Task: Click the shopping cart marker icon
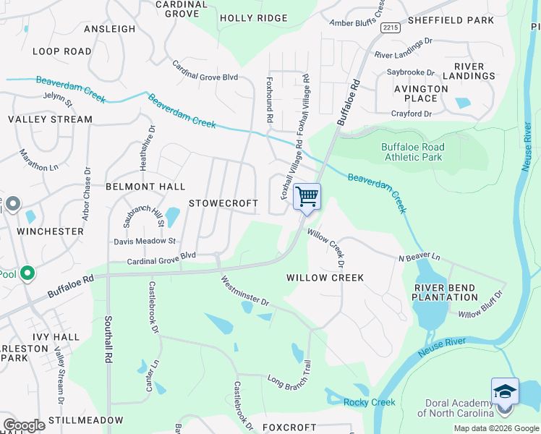pos(307,197)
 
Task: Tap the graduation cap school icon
pos(505,391)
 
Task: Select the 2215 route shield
pos(391,27)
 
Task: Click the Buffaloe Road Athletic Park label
pos(412,152)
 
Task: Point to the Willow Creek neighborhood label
pos(325,278)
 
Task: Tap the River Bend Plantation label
pos(446,292)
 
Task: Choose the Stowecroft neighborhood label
pos(223,204)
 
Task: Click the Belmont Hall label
pos(145,187)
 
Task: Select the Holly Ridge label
pos(253,18)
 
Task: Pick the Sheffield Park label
pos(450,20)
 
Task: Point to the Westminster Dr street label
pos(244,291)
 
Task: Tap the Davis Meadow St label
pos(145,241)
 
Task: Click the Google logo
pos(24,425)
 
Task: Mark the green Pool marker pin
pos(27,274)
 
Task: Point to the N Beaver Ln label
pos(419,258)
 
